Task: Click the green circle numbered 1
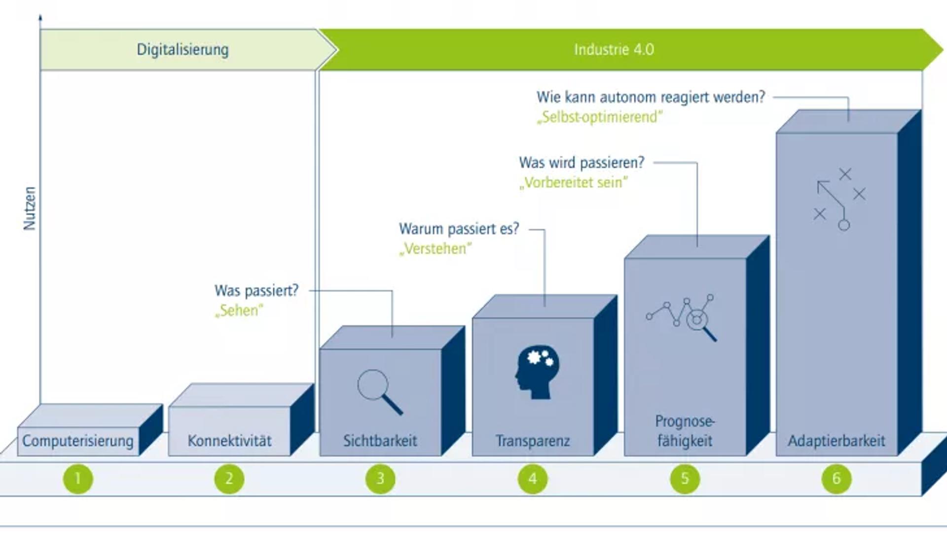(78, 478)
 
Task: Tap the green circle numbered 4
(533, 478)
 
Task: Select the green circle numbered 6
(837, 478)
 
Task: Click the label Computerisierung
(78, 441)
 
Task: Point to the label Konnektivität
(229, 441)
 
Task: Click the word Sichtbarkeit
(380, 441)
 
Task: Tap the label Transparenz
(533, 441)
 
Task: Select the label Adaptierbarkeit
(837, 441)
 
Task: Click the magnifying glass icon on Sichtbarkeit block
(380, 392)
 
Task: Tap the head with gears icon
(537, 372)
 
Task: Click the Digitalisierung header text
(183, 49)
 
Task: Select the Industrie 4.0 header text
(614, 49)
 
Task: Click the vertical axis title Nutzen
(30, 208)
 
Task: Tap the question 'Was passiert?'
(256, 290)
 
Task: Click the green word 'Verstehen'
(435, 248)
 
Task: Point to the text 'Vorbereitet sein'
(574, 183)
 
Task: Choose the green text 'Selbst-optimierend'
(600, 117)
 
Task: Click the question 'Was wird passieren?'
(582, 162)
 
